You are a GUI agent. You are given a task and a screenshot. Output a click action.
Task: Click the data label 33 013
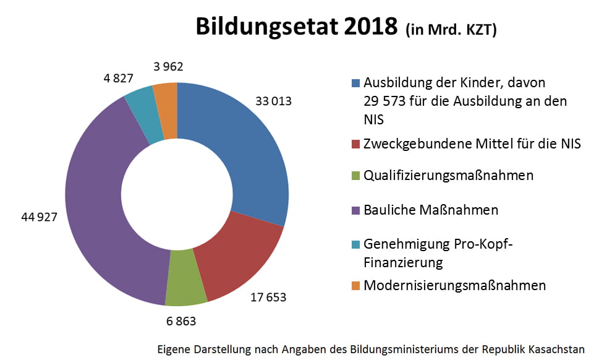pos(273,101)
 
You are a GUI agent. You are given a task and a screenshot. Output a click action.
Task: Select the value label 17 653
pos(268,298)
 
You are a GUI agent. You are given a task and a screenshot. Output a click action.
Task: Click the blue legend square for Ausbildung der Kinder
pos(355,83)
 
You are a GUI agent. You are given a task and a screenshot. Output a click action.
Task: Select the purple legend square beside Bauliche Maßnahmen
pos(355,211)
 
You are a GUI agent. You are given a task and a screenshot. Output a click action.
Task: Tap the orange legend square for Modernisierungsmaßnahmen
pos(355,286)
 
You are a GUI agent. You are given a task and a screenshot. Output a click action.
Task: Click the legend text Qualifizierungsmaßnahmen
pos(448,176)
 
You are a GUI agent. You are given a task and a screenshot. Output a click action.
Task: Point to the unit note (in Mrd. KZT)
pos(451,30)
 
